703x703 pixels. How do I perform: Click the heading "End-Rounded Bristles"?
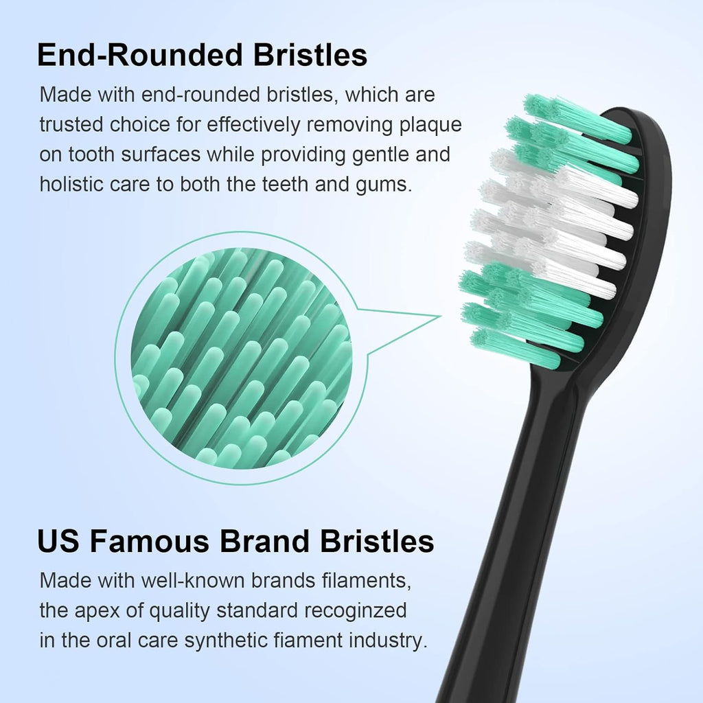coord(202,55)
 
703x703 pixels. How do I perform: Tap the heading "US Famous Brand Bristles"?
coord(235,541)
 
